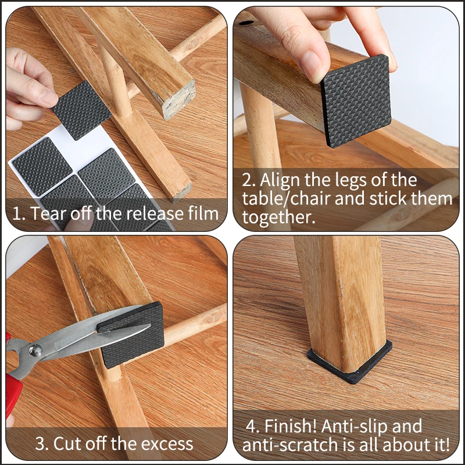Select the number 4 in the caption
pyautogui.click(x=252, y=426)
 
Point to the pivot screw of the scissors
pyautogui.click(x=36, y=349)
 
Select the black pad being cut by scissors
pyautogui.click(x=133, y=337)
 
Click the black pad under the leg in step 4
pyautogui.click(x=349, y=366)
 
